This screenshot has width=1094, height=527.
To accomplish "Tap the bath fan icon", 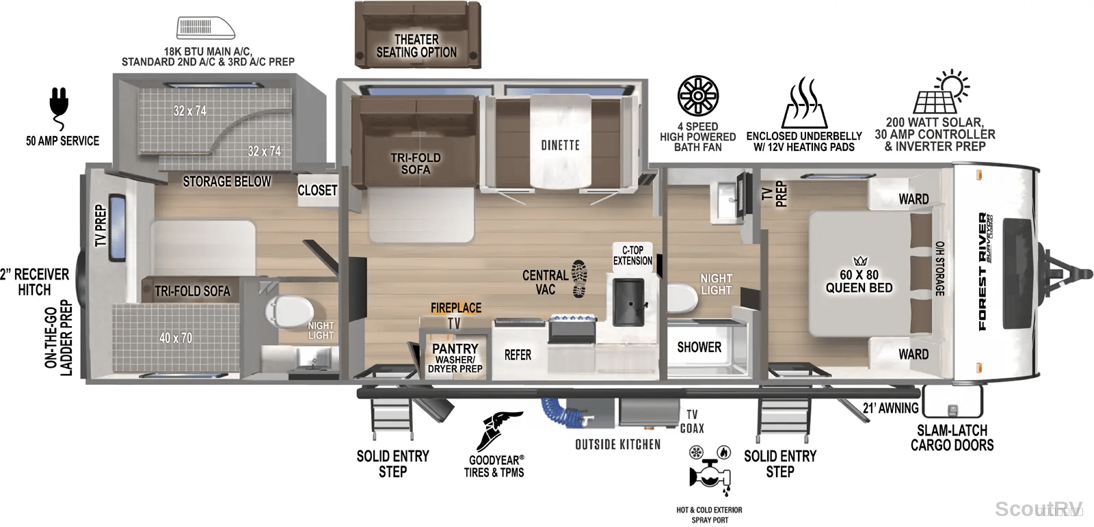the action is tap(698, 96).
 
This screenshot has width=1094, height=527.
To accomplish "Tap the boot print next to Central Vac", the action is tap(579, 278).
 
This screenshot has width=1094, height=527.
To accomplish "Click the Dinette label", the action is tap(560, 145).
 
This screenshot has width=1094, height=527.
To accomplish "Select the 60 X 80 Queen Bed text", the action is tap(859, 282).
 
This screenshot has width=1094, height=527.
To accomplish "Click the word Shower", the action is tap(699, 347).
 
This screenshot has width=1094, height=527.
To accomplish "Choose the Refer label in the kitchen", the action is tap(518, 355).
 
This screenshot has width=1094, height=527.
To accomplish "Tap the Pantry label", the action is tap(455, 348).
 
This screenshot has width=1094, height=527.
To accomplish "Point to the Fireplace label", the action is tap(455, 308).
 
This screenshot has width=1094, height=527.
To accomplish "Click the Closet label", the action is tap(317, 190).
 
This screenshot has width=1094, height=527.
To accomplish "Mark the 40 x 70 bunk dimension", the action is tap(175, 338).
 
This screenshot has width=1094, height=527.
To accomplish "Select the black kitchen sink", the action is tap(629, 302).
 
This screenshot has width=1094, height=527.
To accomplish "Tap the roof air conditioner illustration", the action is tap(206, 28).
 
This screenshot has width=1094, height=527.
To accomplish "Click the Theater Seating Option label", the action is tap(416, 45).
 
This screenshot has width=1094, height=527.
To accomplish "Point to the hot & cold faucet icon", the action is tap(710, 470).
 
